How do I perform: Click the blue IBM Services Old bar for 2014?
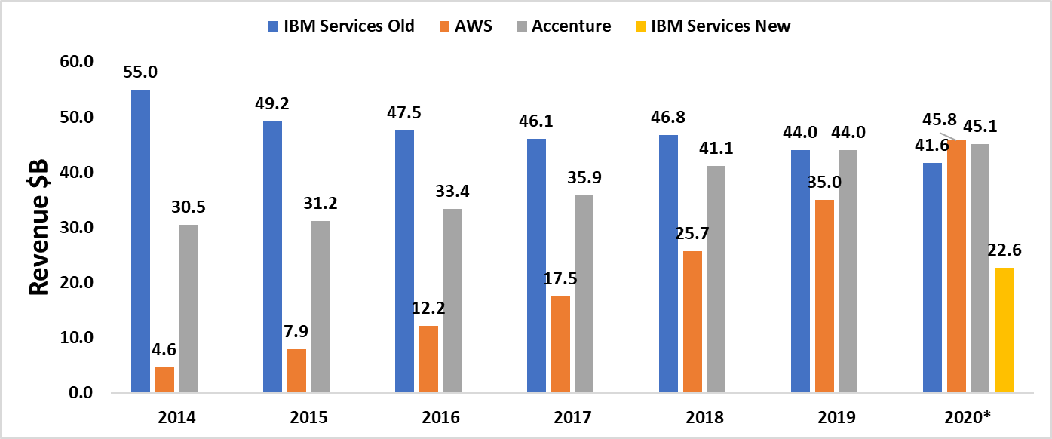140,241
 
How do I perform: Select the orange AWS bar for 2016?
428,359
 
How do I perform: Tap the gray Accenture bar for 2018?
716,279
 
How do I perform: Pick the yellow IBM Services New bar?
1004,330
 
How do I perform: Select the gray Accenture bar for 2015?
320,306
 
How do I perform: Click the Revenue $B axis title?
38,226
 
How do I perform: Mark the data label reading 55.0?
140,72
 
